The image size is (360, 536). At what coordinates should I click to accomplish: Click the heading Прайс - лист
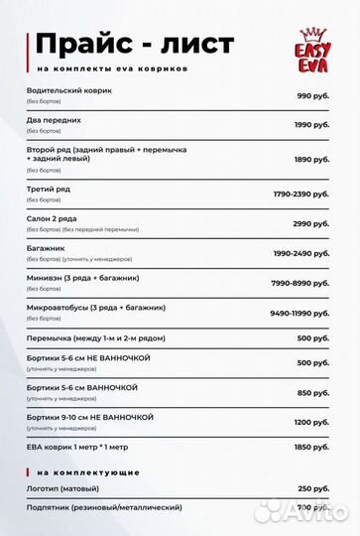[134, 44]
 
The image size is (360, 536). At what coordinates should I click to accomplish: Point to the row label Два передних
[55, 119]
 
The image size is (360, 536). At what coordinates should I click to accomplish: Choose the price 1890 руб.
[310, 159]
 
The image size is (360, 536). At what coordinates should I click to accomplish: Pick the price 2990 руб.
[310, 223]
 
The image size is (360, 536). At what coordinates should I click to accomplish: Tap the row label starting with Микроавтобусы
[96, 307]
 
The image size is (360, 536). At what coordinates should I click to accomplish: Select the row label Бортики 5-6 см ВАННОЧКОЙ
[82, 387]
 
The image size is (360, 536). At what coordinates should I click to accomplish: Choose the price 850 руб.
[312, 392]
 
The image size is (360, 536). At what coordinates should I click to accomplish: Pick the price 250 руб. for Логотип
[312, 488]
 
